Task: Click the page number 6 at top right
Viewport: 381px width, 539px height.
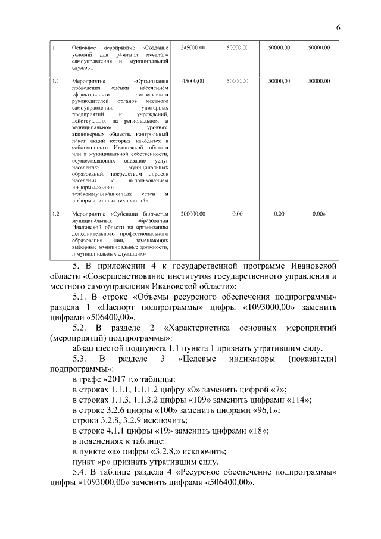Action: point(338,27)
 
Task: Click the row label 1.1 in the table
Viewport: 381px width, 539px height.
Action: point(55,80)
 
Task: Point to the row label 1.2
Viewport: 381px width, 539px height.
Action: point(55,213)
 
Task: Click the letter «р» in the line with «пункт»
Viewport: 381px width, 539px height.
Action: point(109,461)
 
